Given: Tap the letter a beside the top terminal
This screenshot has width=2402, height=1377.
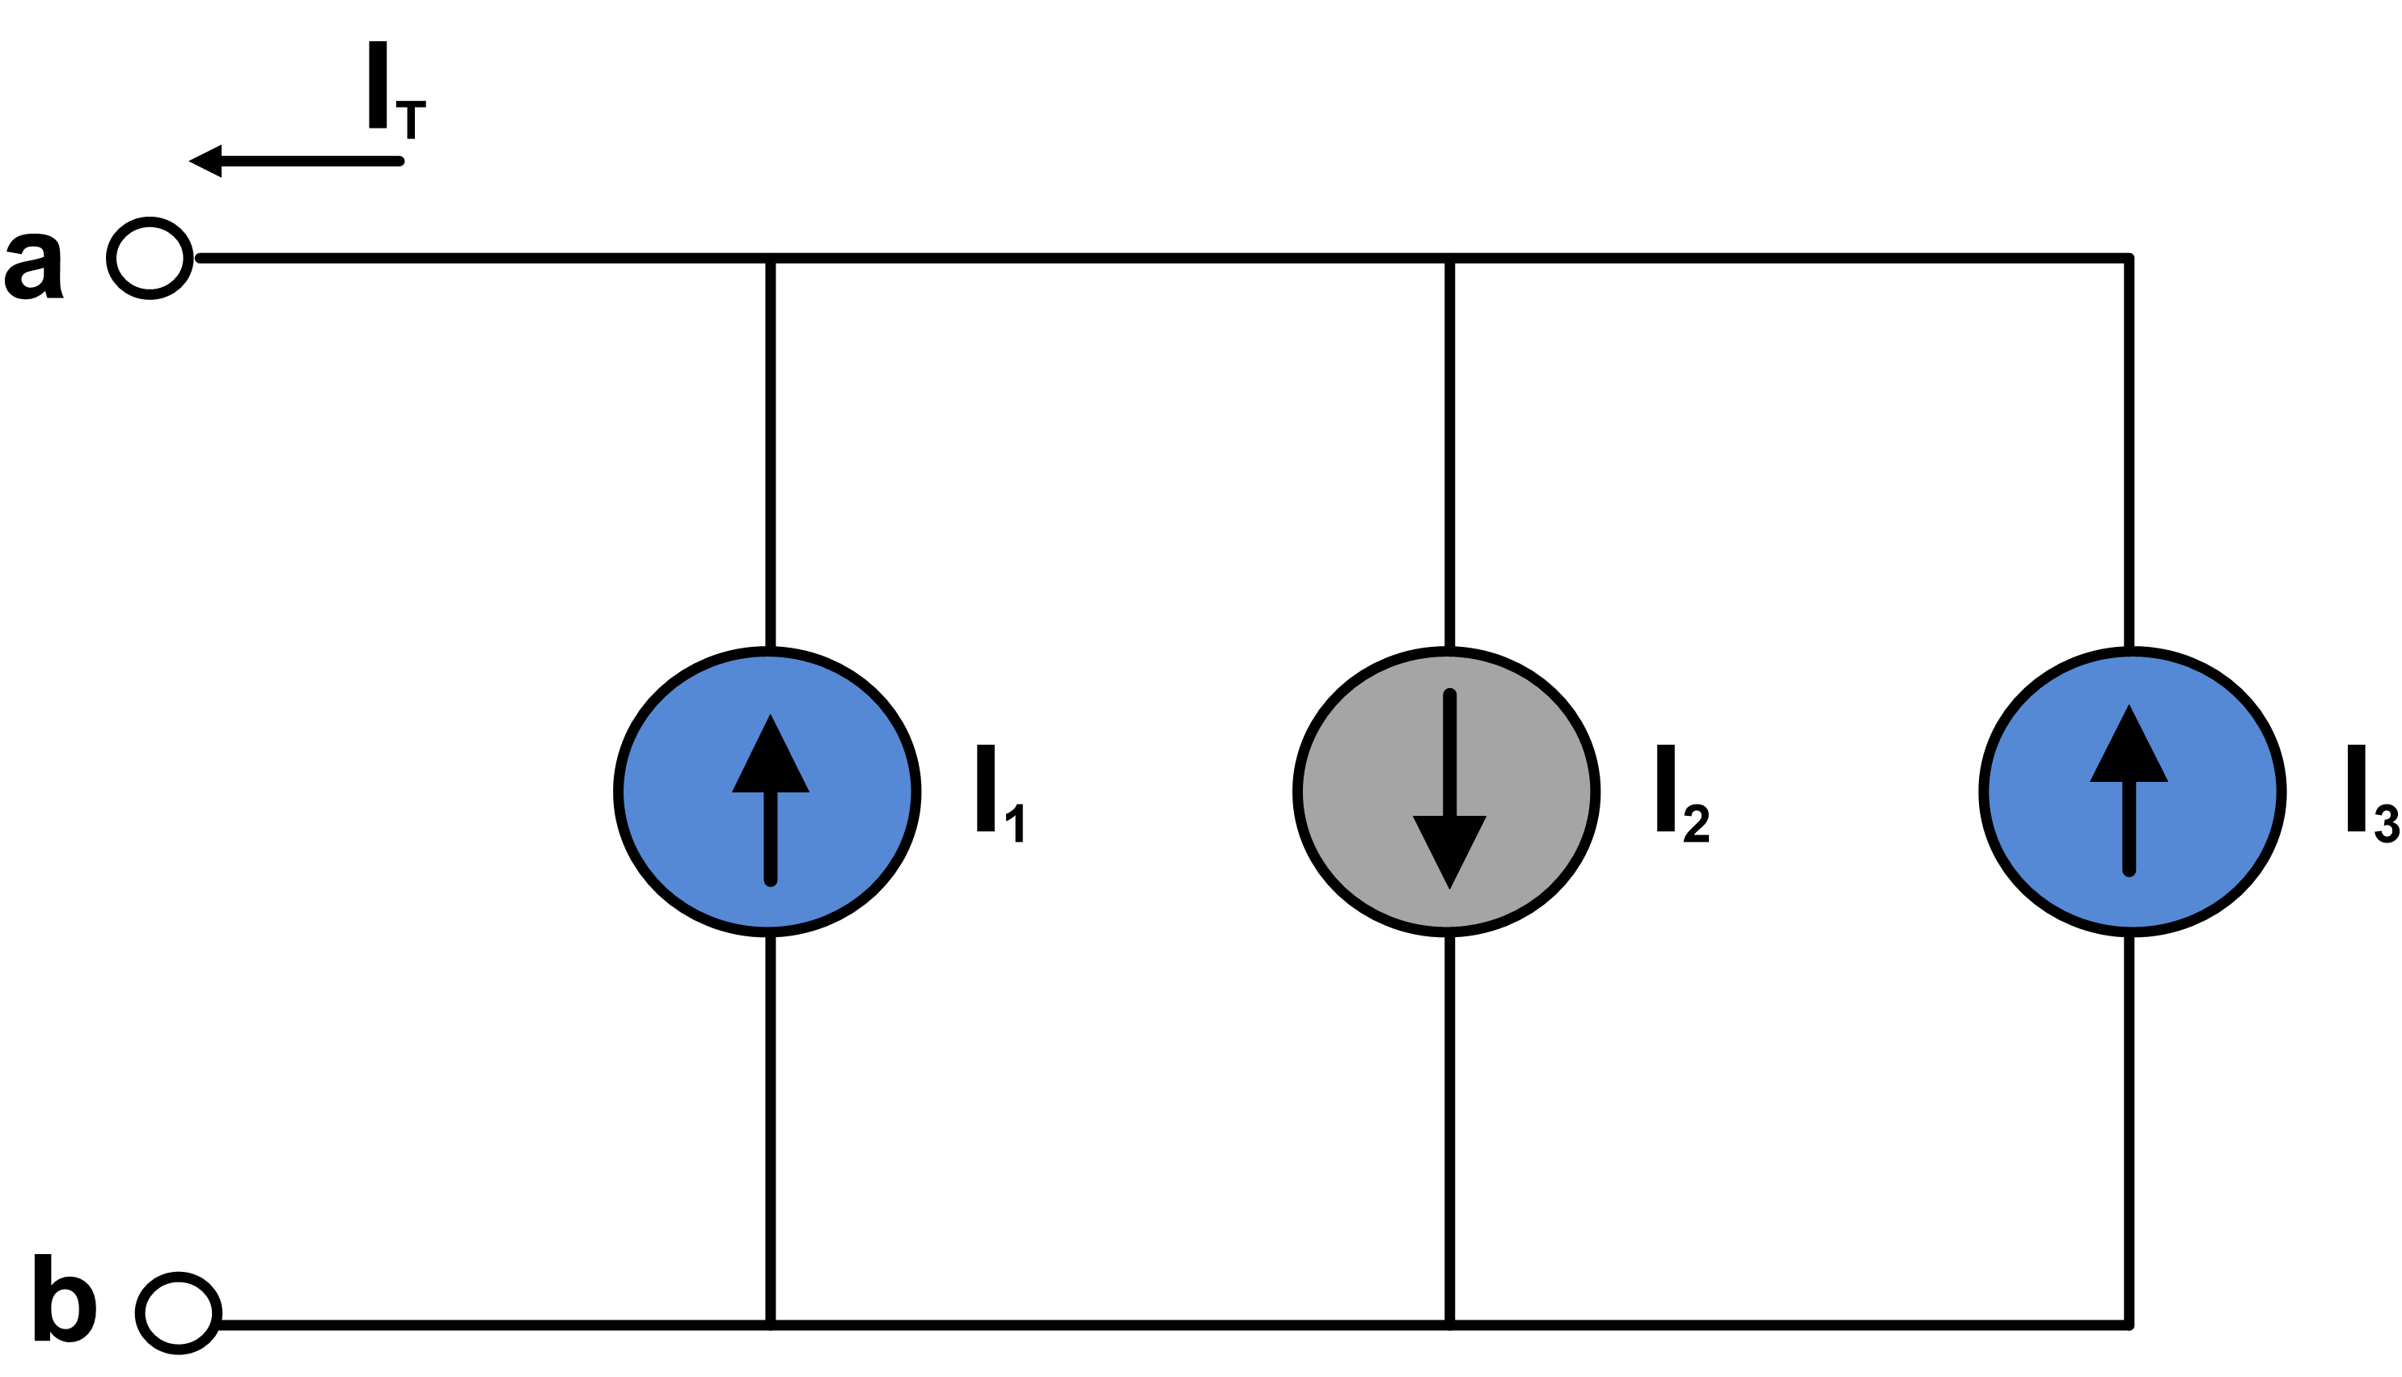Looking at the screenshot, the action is [34, 267].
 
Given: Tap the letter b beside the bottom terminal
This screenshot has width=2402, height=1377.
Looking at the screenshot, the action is [65, 1298].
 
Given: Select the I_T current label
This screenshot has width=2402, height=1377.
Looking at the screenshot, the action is [397, 90].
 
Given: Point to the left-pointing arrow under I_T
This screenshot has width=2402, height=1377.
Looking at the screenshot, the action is [296, 161].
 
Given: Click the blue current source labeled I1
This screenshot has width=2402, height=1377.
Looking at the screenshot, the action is [768, 792].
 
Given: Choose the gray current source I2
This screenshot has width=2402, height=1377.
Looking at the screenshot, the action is [1447, 792].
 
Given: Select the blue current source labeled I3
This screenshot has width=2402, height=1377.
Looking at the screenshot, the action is [2133, 792].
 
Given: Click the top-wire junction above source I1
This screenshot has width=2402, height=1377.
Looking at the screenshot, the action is [771, 258].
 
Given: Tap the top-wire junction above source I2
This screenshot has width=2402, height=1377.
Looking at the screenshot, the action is [1450, 258].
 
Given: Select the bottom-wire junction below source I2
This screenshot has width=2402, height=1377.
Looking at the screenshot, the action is [1450, 1325].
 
